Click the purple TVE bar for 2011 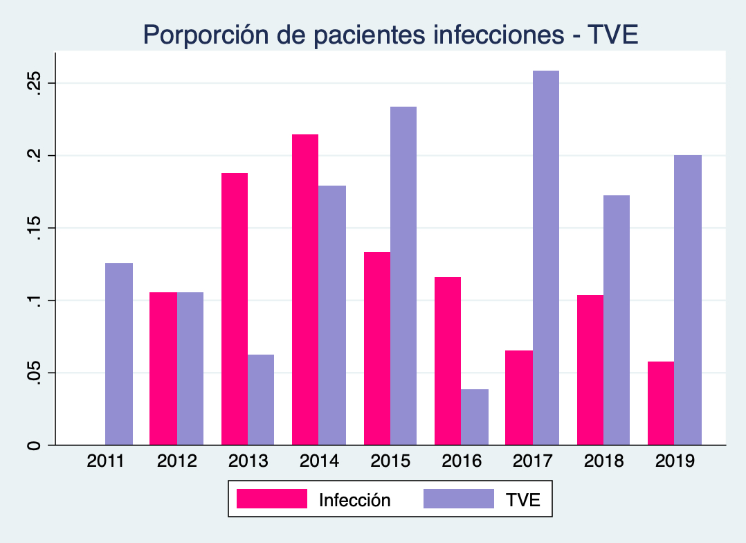(x=119, y=354)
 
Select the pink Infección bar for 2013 (x=235, y=309)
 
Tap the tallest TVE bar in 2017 (x=546, y=258)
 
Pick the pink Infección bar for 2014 (x=305, y=290)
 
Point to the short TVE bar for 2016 (x=475, y=417)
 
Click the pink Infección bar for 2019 (x=661, y=403)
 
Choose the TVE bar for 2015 (x=403, y=276)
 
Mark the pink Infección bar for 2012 (x=163, y=368)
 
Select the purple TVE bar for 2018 (x=617, y=320)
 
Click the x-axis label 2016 (x=461, y=461)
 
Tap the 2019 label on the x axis (x=674, y=461)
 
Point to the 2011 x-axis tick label (x=106, y=461)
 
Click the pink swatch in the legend (x=271, y=499)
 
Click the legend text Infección (x=354, y=500)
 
